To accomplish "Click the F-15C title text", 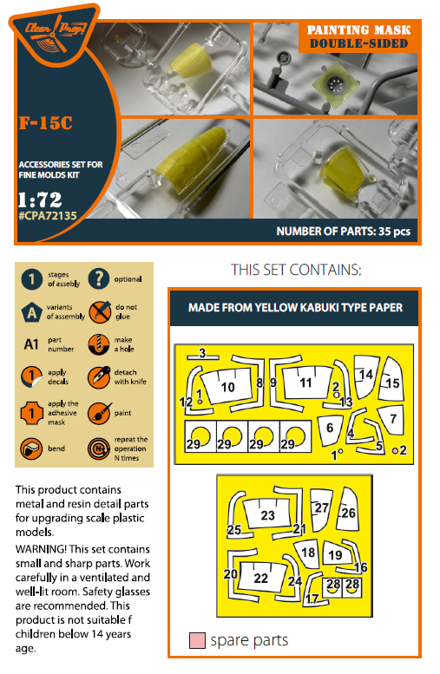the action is (46, 123).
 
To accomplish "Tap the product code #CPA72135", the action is (48, 215).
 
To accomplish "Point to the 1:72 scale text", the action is (40, 200).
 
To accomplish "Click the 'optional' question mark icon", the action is (99, 279).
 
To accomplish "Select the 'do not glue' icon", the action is (100, 312).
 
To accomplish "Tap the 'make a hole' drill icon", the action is (99, 344).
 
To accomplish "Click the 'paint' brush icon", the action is (99, 414).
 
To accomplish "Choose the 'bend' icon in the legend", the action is (31, 448).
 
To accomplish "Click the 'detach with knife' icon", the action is (99, 377).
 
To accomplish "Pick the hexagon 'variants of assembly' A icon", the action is (32, 311).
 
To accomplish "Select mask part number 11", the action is (306, 382).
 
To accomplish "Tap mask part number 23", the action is (266, 514).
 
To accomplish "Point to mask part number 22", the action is (261, 578).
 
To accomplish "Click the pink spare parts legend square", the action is (197, 640).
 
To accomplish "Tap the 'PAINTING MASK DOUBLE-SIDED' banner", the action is (358, 37).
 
